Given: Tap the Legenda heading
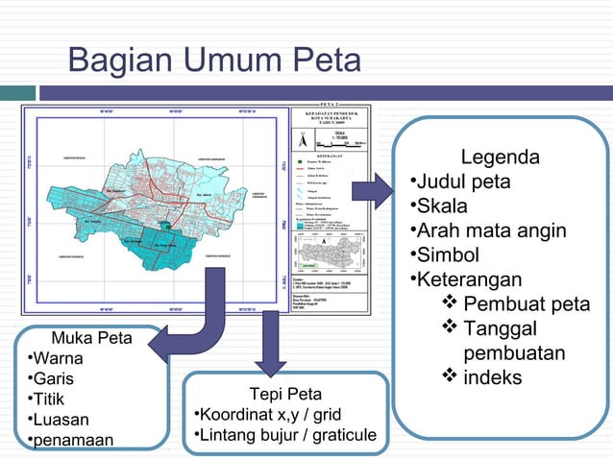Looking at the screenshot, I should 500,157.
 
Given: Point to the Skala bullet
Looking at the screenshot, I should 442,206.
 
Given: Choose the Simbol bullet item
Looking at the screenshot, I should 448,255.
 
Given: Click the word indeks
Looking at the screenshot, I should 493,377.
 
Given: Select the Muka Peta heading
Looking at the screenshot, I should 91,338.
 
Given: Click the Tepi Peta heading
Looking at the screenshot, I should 285,395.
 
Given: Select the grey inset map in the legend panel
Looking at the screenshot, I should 329,252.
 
